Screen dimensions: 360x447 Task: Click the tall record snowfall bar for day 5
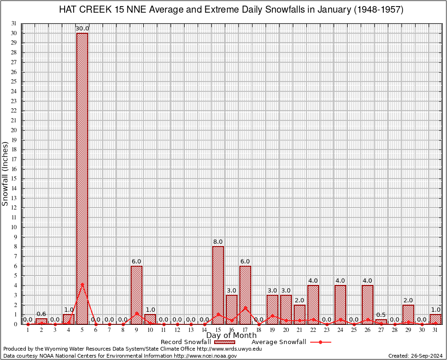tap(82, 178)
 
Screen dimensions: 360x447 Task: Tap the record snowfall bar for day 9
tap(136, 295)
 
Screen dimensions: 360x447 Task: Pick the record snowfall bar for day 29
tap(408, 315)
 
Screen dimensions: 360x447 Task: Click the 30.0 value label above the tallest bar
tap(82, 29)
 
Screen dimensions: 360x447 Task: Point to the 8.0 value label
tap(218, 242)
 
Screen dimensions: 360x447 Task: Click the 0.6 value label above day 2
tap(41, 314)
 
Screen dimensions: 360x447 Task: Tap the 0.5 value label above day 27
tap(381, 315)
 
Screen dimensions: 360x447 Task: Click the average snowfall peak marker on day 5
tap(82, 284)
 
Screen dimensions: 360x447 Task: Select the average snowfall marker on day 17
tap(245, 307)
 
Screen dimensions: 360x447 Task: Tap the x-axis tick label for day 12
tap(177, 330)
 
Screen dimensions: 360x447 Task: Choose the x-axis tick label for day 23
tap(327, 330)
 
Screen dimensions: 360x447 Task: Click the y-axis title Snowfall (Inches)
tap(5, 174)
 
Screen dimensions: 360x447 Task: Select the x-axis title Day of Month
tap(231, 336)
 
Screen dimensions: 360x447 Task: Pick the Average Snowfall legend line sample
tap(320, 342)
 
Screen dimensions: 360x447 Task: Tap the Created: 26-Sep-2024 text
tap(415, 356)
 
